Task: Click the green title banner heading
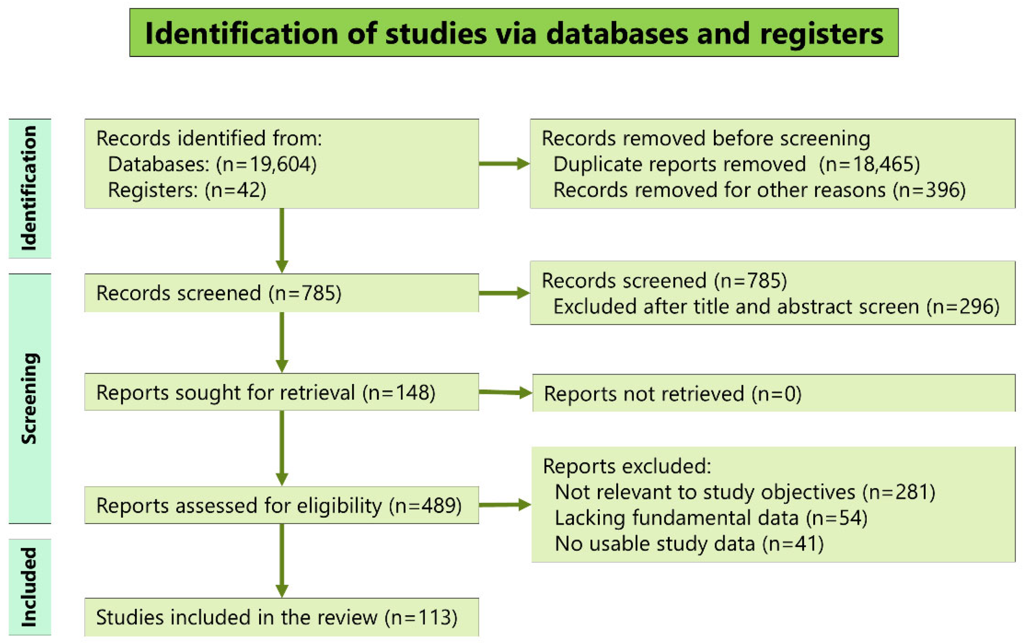point(514,33)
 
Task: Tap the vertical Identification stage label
point(29,188)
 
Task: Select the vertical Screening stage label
point(29,398)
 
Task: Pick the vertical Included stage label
point(29,587)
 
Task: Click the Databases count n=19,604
point(266,164)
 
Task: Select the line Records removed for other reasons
point(759,190)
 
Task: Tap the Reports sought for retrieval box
point(281,392)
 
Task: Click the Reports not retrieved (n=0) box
point(773,393)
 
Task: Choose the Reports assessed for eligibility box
point(281,505)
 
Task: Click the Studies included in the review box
point(281,617)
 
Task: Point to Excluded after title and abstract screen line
point(776,307)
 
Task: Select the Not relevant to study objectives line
point(745,492)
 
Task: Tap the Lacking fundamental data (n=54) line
point(711,518)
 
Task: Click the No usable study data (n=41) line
point(689,544)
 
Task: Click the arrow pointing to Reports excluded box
point(505,505)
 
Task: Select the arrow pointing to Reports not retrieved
point(505,393)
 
